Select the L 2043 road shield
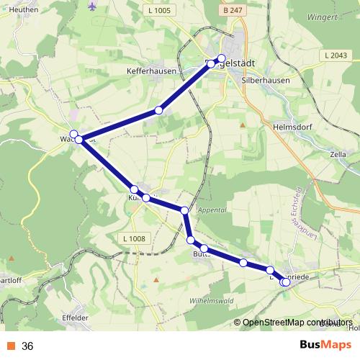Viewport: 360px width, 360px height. pyautogui.click(x=336, y=55)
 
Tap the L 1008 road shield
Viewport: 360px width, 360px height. pyautogui.click(x=134, y=238)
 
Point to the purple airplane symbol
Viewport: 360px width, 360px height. pyautogui.click(x=92, y=6)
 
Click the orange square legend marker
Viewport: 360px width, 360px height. pyautogui.click(x=10, y=346)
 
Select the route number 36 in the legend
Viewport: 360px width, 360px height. pyautogui.click(x=28, y=346)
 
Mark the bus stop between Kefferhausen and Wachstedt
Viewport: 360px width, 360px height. pyautogui.click(x=158, y=111)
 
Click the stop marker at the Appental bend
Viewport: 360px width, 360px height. pyautogui.click(x=185, y=210)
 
